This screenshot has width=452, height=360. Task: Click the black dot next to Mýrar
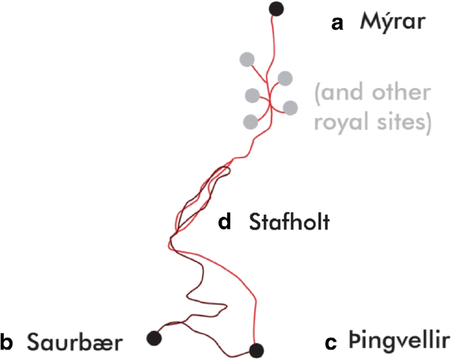[x=276, y=9]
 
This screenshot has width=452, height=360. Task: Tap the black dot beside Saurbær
[x=154, y=337]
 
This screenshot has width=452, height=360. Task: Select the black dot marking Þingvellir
[x=256, y=349]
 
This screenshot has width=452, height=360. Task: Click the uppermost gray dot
[x=247, y=59]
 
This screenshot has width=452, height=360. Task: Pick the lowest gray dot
[x=250, y=121]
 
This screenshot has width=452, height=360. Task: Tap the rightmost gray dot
[x=290, y=107]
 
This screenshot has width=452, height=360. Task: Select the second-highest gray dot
[x=285, y=78]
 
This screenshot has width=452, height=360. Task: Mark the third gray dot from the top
[x=252, y=96]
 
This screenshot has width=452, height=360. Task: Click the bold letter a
[x=337, y=24]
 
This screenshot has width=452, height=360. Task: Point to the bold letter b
[x=7, y=342]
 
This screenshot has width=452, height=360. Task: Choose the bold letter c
[x=332, y=343]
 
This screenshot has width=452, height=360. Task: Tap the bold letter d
[x=225, y=223]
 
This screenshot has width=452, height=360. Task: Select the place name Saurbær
[x=75, y=342]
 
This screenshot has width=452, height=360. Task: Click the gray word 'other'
[x=399, y=94]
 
